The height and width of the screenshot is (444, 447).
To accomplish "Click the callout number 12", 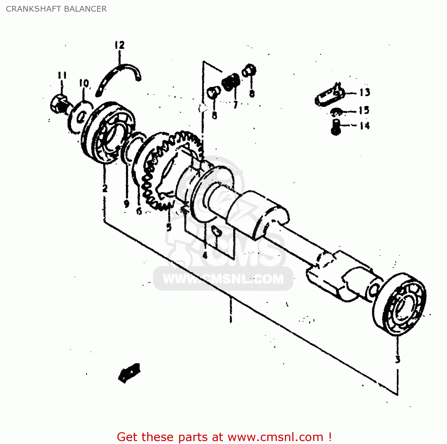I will [119, 45].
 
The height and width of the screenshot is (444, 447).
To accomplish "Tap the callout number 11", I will [62, 75].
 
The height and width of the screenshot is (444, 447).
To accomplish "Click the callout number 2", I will [105, 188].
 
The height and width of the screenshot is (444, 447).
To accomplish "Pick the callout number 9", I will [127, 204].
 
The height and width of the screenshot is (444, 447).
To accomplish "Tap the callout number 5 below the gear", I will [169, 228].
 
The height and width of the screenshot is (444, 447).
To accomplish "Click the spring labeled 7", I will [231, 82].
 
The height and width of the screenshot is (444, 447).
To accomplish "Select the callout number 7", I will [235, 105].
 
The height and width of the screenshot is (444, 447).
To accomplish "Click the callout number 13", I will [364, 92].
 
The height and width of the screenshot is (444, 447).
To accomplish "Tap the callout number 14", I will [364, 126].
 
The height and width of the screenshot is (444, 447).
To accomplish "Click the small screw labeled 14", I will [336, 127].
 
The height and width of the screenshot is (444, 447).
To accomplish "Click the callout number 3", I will [398, 359].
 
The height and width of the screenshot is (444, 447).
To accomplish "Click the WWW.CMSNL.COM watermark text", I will [223, 279].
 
